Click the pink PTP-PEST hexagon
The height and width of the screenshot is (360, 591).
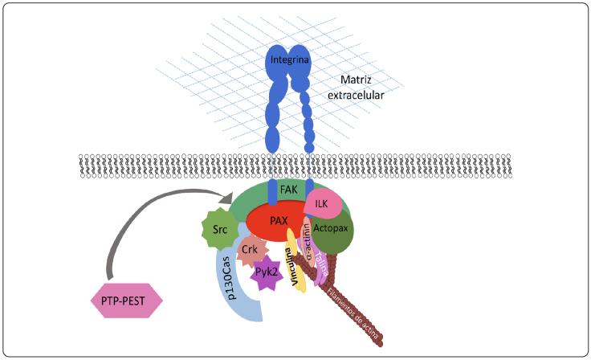(125, 301)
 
